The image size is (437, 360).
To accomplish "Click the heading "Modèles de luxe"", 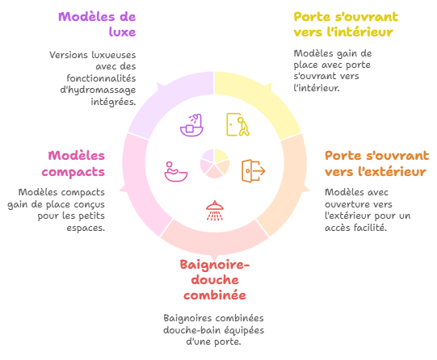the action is coord(97,24).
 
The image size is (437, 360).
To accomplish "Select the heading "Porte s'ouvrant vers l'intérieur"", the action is coord(346,24).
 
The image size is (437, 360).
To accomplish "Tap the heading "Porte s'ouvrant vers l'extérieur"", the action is coord(376,163).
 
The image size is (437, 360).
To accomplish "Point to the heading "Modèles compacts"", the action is coord(74,163).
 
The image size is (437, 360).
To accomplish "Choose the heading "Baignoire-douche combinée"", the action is coord(215,280).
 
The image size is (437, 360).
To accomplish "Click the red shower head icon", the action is coord(215,211).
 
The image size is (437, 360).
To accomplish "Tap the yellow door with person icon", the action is coord(237,124).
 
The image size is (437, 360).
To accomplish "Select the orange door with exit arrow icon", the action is coord(254,171).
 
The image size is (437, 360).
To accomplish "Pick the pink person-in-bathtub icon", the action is coord(176,171).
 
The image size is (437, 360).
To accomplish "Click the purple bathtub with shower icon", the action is coord(191,125).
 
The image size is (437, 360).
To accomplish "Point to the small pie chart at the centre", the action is coord(215,164).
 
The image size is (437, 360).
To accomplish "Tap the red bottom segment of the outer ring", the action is coord(215,240).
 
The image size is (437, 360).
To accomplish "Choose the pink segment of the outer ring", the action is coord(140,184).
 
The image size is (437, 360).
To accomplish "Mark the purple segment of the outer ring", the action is coord(171,100).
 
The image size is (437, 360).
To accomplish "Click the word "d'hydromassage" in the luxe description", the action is coord(98,90).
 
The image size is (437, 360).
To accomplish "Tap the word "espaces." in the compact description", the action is coord(86,228).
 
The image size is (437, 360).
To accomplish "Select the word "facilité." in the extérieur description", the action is coord(371,228).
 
